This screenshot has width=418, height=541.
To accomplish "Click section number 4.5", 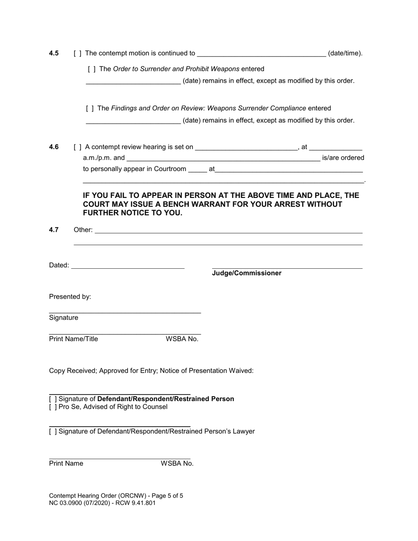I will coord(54,53).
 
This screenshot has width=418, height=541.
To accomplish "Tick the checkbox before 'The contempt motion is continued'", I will coord(77,53).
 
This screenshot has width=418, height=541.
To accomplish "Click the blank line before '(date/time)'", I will coord(261,54).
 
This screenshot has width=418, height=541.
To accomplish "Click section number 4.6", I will coord(54,147).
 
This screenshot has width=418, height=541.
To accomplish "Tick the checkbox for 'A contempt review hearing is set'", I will coord(77,147).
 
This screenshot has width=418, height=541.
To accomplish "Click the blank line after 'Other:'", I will coord(228,230).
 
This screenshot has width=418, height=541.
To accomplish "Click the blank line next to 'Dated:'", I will coord(128,266).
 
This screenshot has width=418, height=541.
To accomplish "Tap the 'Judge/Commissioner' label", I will coord(246,273).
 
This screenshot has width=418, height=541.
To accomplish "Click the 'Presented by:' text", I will coord(70,296).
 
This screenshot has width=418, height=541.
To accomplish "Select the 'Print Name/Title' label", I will coord(73,339).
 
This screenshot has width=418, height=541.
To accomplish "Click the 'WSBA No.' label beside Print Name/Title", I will coord(182,339).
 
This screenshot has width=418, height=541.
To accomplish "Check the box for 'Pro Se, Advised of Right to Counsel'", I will coord(53,407).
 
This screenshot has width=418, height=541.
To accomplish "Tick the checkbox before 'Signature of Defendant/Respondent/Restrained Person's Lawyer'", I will coord(53,431).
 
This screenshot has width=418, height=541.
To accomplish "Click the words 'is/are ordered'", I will coord(343,158).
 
